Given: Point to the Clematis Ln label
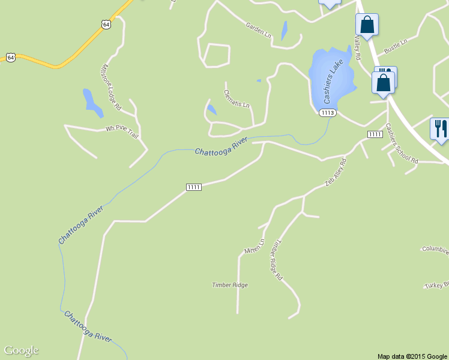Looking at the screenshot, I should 237,98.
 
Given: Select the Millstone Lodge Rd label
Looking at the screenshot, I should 112,88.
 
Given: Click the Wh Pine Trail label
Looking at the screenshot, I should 122,131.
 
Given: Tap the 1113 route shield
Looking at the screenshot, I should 327,113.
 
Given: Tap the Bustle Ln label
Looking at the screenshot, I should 396,45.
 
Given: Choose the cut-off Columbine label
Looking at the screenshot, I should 435,249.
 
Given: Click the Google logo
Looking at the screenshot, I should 21,351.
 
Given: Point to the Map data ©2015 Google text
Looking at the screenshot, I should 412,356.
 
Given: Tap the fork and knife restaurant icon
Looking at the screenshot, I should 440,128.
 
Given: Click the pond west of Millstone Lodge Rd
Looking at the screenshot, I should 92,102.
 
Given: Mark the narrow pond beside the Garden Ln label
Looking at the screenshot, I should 284,31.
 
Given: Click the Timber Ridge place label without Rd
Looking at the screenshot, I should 230,285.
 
